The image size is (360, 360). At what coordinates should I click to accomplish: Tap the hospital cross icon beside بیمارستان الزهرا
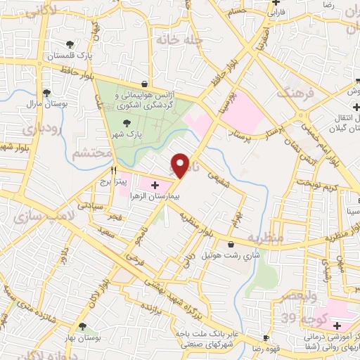coord(155,185)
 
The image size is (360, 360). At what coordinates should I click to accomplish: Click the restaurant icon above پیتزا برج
coord(113,170)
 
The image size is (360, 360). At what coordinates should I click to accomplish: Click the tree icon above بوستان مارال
coord(46,92)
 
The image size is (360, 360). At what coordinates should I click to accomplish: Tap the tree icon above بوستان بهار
coord(84,326)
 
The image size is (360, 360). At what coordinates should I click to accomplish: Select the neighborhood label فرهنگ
coord(292,92)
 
